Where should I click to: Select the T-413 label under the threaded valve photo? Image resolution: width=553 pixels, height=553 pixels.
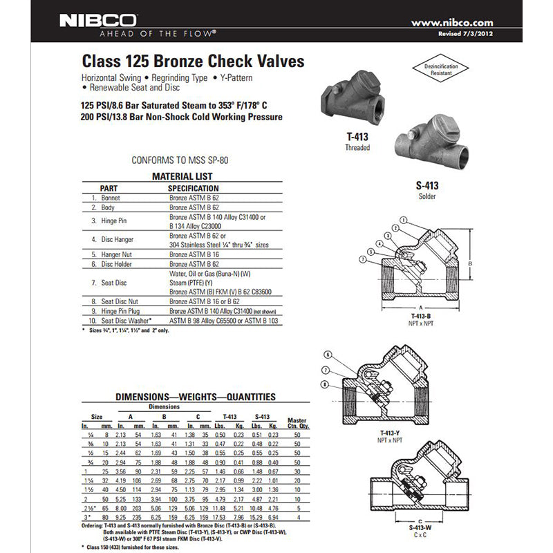click(x=357, y=137)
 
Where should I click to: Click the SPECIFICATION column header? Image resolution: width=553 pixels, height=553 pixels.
click(x=194, y=188)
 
